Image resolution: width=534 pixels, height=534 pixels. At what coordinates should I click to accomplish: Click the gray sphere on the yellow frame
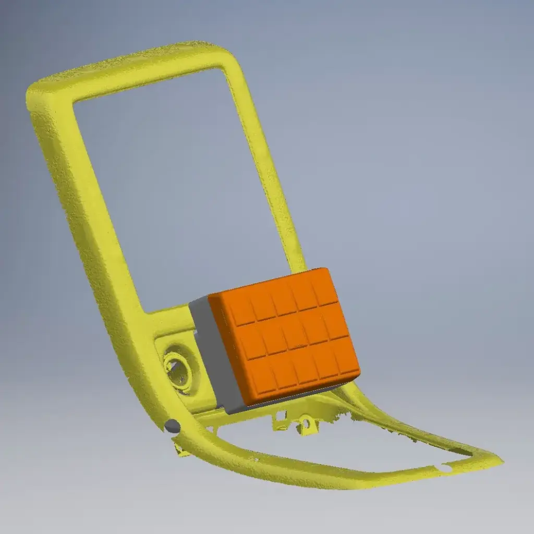click(172, 427)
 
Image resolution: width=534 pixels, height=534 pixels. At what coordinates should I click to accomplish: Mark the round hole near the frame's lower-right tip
click(445, 468)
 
